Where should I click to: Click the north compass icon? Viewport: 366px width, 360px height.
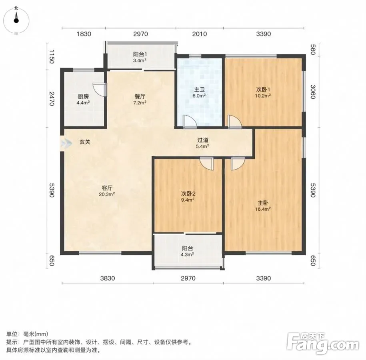click(x=16, y=20)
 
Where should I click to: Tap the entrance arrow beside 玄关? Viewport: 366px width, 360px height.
click(x=66, y=143)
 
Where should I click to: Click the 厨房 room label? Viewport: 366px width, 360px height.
click(x=83, y=96)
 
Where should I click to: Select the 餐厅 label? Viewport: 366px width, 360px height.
click(x=140, y=96)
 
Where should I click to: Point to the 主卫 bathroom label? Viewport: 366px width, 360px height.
click(x=199, y=90)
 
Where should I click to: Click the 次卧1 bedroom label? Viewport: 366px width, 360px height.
click(x=263, y=90)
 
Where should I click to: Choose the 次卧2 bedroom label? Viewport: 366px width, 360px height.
click(x=188, y=194)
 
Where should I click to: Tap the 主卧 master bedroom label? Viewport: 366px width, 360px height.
click(x=263, y=203)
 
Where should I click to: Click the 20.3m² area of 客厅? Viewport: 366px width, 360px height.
click(x=107, y=194)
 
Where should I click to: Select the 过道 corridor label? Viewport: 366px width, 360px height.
click(x=203, y=140)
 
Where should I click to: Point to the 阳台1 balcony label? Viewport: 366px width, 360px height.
click(x=140, y=54)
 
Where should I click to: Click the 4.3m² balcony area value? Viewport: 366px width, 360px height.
click(x=188, y=254)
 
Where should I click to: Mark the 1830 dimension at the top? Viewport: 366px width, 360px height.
click(x=84, y=34)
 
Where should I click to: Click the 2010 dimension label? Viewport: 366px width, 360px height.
click(x=200, y=34)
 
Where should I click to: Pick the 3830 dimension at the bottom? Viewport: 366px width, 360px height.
click(x=108, y=278)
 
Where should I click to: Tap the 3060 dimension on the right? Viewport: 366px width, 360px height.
click(x=313, y=92)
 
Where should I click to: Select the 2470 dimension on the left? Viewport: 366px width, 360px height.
click(x=52, y=99)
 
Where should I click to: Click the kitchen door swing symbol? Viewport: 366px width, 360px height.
click(x=100, y=90)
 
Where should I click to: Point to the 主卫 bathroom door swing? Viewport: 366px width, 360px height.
click(x=190, y=122)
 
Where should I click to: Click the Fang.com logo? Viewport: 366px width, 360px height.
click(x=323, y=343)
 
